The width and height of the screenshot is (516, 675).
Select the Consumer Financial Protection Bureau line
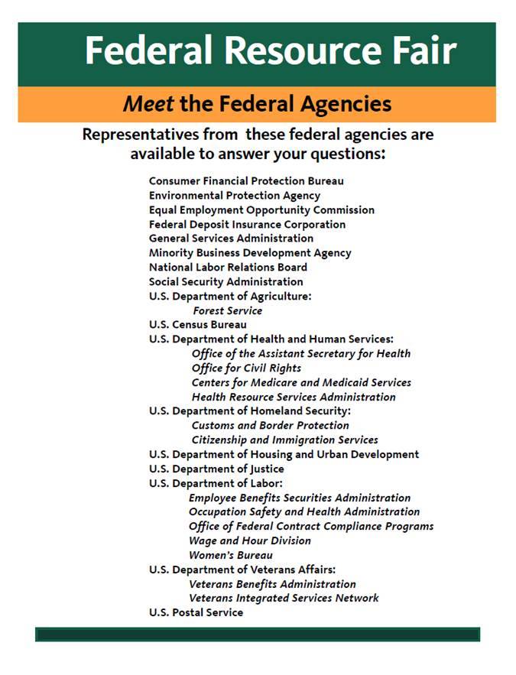coord(246,181)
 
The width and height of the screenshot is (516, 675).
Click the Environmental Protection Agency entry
coord(235,196)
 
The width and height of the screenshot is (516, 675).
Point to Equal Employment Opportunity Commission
coord(261,209)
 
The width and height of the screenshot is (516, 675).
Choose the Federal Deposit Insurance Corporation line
coord(247,224)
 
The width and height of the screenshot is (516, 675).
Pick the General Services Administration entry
coord(231,239)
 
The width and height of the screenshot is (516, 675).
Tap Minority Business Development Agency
coord(250,253)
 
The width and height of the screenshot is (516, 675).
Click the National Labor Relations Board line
coord(228,268)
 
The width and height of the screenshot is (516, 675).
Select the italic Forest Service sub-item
coord(227,311)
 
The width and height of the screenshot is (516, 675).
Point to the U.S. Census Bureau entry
coord(198,325)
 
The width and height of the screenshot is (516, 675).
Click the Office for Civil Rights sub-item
coord(246,368)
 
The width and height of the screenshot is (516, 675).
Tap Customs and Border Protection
coord(270,426)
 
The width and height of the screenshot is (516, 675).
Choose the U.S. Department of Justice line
coord(216,469)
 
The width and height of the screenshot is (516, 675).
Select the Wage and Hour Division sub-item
coord(249,540)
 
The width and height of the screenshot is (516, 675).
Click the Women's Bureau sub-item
coord(230,555)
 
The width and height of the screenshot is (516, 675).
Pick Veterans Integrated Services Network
coord(284,598)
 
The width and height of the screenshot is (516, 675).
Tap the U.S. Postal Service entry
coord(196,612)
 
